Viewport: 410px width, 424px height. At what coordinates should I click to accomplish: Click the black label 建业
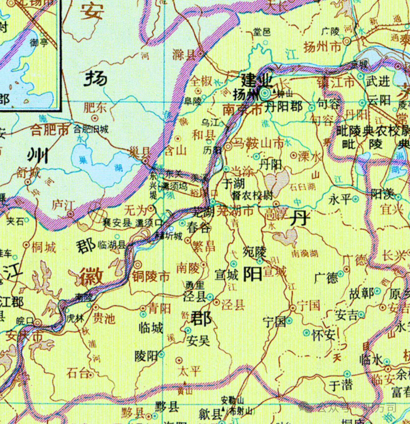point(257,81)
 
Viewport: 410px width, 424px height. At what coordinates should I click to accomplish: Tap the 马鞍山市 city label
point(259,143)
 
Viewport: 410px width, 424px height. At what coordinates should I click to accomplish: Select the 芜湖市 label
point(237,211)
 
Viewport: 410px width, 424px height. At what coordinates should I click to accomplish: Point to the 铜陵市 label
point(151,276)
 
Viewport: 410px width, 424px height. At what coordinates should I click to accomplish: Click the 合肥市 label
point(50,130)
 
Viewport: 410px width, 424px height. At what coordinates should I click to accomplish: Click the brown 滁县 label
point(184,55)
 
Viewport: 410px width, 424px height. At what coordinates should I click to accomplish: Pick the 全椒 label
point(201,81)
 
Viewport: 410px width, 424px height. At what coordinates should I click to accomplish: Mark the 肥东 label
point(95,107)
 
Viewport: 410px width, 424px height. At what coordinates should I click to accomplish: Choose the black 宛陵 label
point(254,251)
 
